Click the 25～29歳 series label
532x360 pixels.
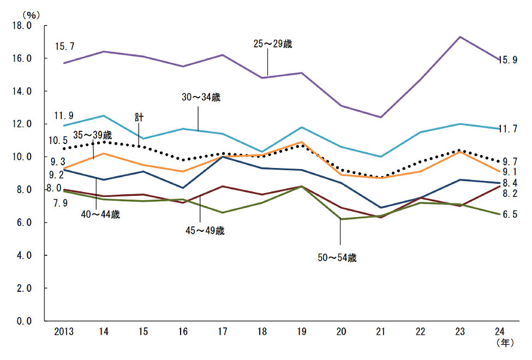click(273, 44)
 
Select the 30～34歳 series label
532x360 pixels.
click(200, 98)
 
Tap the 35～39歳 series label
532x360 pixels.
click(92, 135)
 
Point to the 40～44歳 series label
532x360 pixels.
click(100, 214)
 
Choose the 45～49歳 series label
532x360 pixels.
click(205, 231)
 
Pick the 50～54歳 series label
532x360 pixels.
click(337, 258)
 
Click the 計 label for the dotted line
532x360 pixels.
click(139, 117)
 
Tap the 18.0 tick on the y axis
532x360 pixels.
click(21, 26)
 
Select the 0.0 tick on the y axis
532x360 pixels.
click(21, 321)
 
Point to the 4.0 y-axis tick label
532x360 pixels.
click(21, 255)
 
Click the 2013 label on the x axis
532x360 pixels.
click(64, 332)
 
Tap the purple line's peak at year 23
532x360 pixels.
click(461, 37)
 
